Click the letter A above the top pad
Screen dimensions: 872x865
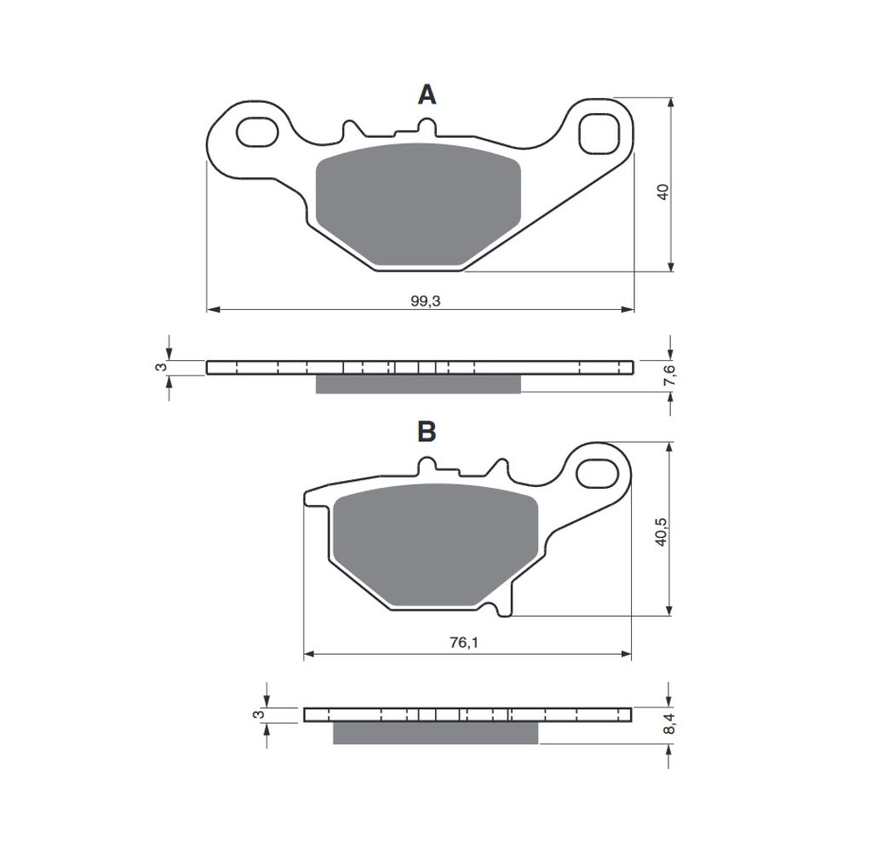[427, 95]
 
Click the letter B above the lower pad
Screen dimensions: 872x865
[427, 431]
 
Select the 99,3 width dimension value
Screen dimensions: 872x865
[426, 301]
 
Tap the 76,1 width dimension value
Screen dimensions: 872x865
[464, 643]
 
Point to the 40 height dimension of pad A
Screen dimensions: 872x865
[663, 192]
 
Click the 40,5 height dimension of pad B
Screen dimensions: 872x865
[661, 531]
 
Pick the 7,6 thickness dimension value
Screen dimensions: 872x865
[671, 375]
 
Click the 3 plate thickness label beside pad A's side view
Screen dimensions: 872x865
[161, 367]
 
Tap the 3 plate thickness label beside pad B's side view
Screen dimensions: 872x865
[259, 714]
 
